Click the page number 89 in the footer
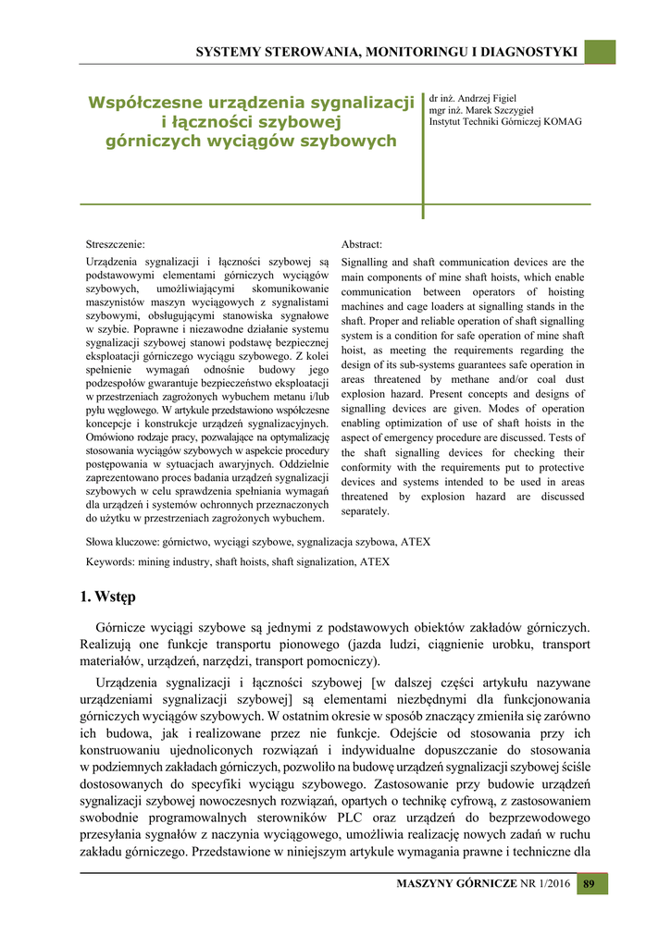pos(588,884)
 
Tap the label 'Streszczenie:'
pos(115,244)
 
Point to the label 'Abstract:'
pos(362,244)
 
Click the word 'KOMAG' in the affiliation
pos(563,121)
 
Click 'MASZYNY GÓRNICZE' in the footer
pos(456,885)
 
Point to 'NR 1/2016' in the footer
pos(545,885)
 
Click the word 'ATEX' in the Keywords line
pos(375,561)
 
